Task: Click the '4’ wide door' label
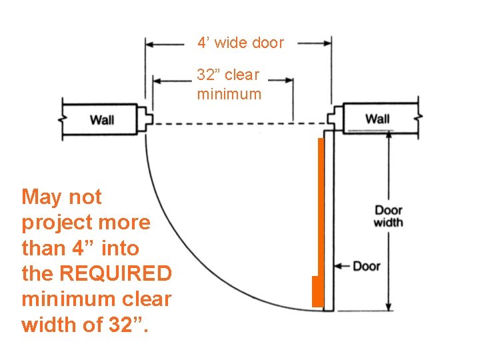(x=240, y=43)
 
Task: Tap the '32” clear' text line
(x=228, y=75)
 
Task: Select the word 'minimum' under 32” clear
(x=229, y=94)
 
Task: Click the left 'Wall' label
(x=102, y=120)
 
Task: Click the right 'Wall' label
(x=377, y=119)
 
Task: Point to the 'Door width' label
(x=388, y=216)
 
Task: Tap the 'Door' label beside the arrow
(x=366, y=266)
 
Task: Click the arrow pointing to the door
(x=341, y=266)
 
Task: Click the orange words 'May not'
(x=61, y=197)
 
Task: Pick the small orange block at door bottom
(x=317, y=291)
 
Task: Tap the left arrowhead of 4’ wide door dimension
(x=150, y=44)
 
